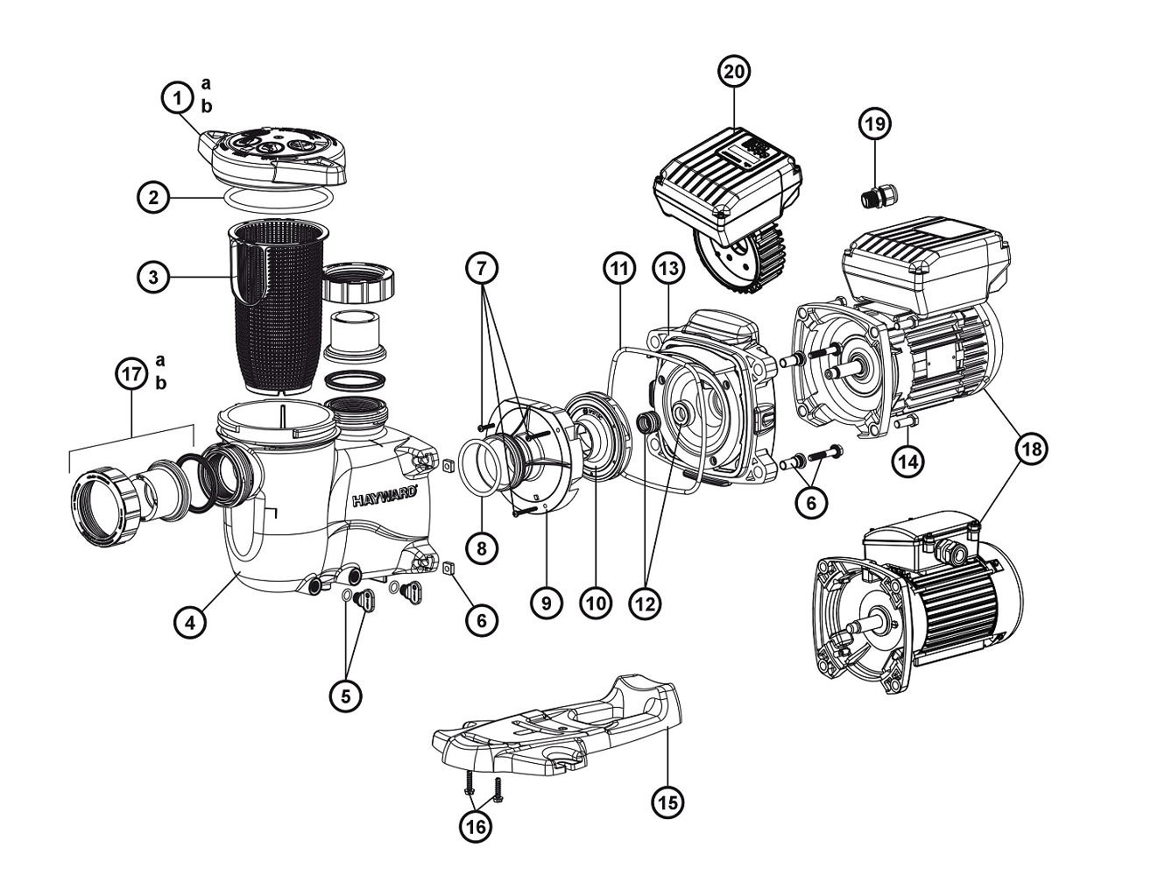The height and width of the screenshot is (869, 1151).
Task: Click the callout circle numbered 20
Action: click(735, 72)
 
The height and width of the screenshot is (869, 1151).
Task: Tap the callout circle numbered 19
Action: click(872, 124)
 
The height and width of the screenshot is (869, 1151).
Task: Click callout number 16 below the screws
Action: click(477, 825)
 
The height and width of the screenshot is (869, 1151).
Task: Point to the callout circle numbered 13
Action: click(668, 270)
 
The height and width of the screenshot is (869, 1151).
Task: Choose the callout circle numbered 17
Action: click(131, 374)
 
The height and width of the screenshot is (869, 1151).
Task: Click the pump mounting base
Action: click(561, 727)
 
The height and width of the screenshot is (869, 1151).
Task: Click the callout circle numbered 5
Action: click(345, 696)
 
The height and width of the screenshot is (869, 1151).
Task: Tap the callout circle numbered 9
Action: click(546, 603)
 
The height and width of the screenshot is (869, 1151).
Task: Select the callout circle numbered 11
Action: click(620, 270)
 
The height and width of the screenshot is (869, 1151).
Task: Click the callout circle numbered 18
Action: click(1031, 449)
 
